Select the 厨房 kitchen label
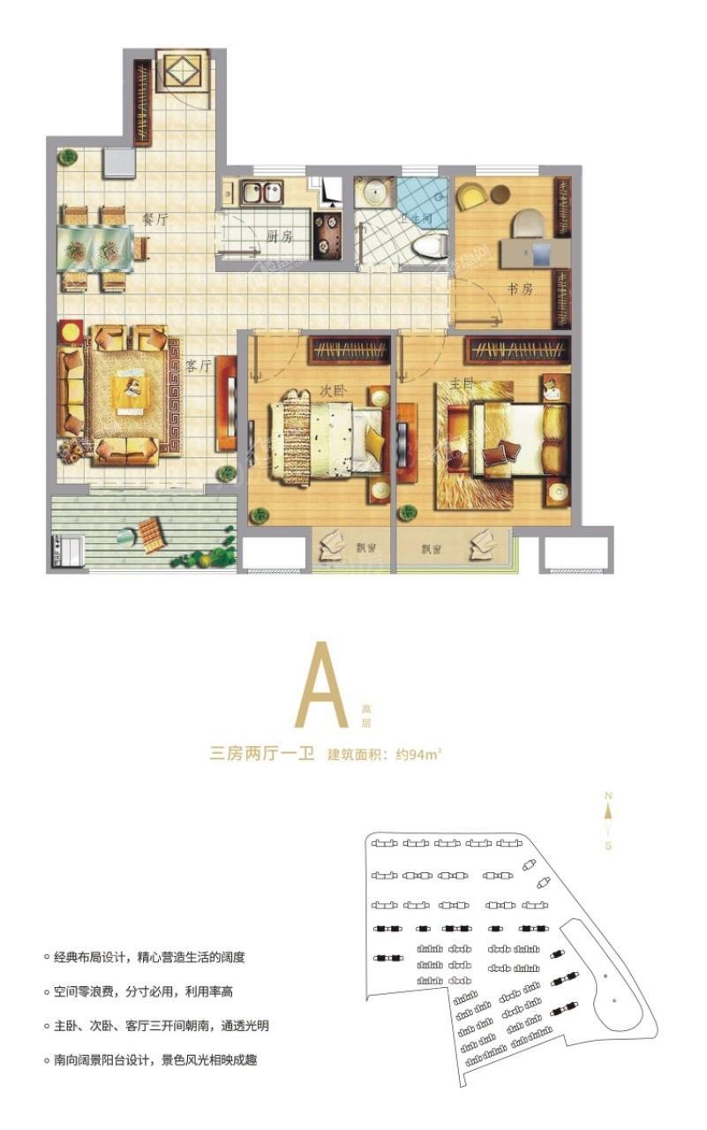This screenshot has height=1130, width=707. point(280,237)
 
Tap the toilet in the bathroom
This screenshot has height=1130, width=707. point(428,245)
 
